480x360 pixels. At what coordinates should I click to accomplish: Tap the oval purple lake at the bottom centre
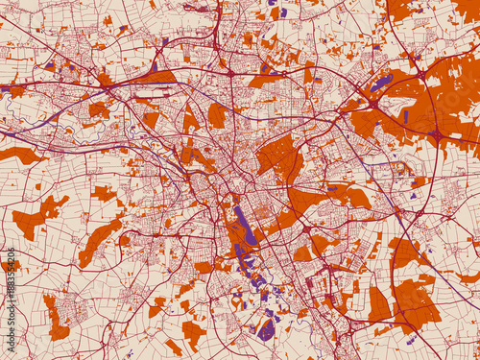click(x=267, y=329)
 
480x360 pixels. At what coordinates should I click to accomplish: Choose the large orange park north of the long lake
click(x=279, y=157)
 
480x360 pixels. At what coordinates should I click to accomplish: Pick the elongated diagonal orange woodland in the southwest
click(x=100, y=241)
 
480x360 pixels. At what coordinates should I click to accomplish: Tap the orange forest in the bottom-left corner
click(x=57, y=318)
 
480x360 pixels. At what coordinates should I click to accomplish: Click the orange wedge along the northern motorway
click(x=160, y=76)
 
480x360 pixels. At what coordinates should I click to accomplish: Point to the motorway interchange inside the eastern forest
click(x=438, y=134)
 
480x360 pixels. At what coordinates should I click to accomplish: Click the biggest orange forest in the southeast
click(x=415, y=302)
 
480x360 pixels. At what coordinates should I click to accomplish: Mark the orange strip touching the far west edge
click(x=19, y=154)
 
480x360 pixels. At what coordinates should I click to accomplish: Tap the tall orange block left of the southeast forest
click(x=378, y=305)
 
